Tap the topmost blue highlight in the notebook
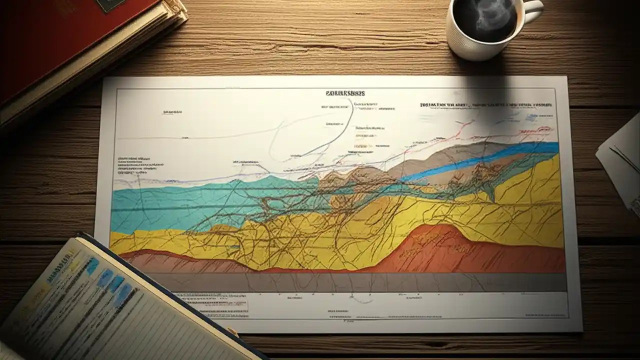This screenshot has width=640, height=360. coord(93,265)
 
